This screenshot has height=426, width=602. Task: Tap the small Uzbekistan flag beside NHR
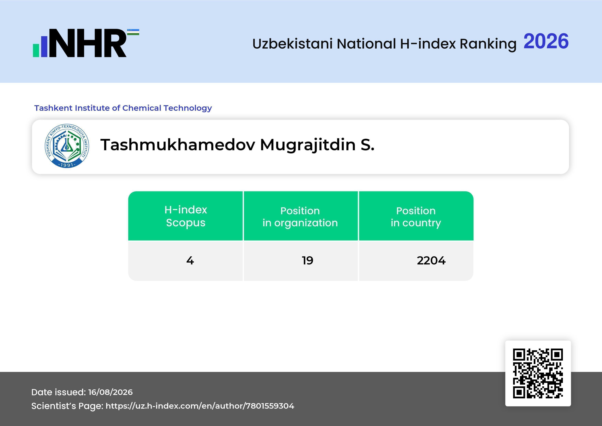(x=133, y=32)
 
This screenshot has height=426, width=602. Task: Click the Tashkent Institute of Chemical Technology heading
(x=123, y=108)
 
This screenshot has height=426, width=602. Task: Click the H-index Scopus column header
(x=186, y=216)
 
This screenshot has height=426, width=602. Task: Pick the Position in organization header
(x=300, y=217)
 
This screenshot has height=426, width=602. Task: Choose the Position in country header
(x=416, y=217)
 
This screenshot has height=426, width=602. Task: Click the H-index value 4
(x=190, y=260)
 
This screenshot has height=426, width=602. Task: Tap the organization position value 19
(x=308, y=260)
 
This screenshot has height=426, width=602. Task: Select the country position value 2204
(x=431, y=260)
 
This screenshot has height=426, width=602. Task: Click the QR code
(x=538, y=373)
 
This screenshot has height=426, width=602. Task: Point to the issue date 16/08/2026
(x=110, y=392)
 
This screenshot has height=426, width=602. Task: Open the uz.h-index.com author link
(x=200, y=406)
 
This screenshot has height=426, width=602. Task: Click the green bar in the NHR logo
(x=36, y=50)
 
